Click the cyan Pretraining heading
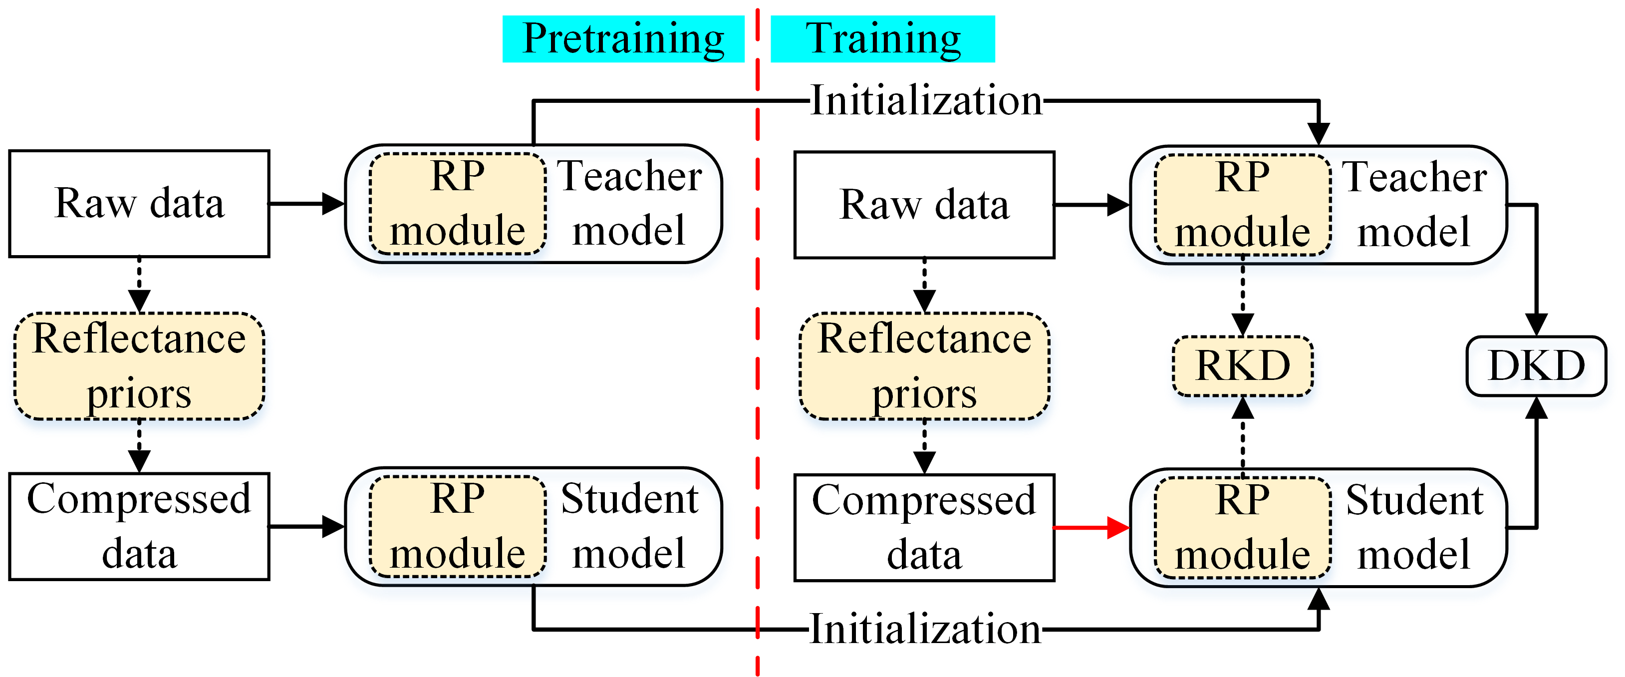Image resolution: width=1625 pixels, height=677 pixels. [x=623, y=39]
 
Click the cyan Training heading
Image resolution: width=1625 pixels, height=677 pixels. [x=882, y=39]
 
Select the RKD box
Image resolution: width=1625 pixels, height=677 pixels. [x=1243, y=366]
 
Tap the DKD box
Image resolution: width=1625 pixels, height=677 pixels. [x=1536, y=366]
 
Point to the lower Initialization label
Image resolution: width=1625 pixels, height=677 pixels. [x=925, y=629]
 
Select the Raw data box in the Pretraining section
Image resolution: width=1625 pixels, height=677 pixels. [x=139, y=204]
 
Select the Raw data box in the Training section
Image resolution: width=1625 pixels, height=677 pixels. [x=924, y=205]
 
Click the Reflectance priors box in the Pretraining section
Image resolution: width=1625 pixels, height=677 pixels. [x=139, y=366]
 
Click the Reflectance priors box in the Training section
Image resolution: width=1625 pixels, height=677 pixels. [x=925, y=366]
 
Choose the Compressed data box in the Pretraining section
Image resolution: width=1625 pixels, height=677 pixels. [x=139, y=527]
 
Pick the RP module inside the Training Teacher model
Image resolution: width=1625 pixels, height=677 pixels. [x=1243, y=205]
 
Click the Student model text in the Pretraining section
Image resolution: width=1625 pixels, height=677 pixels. [x=629, y=526]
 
